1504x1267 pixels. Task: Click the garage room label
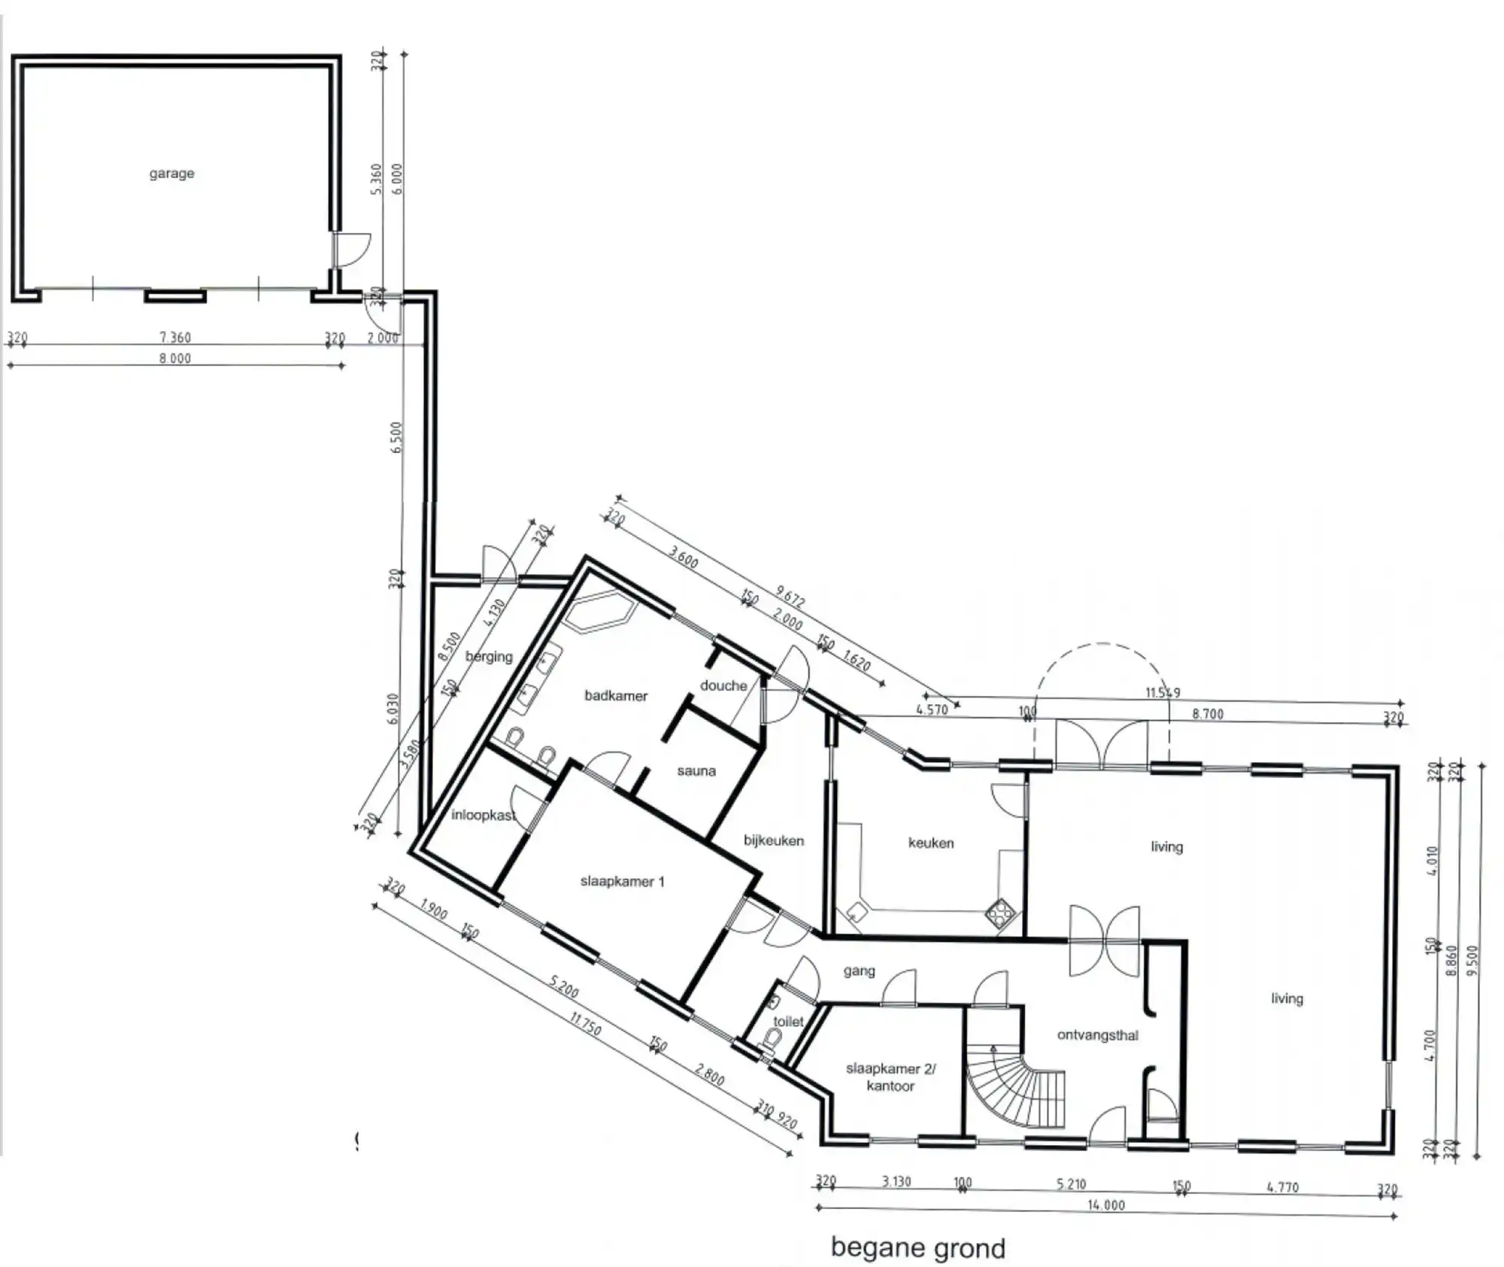click(x=171, y=173)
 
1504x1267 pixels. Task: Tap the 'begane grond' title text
click(x=917, y=1247)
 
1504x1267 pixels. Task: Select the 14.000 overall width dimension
click(x=1106, y=1205)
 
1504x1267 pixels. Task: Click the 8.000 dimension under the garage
click(x=174, y=359)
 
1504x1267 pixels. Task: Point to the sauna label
click(x=696, y=770)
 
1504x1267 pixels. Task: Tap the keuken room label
click(x=930, y=843)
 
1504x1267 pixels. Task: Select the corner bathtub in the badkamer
click(x=599, y=611)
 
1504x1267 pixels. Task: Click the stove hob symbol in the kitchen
click(x=1000, y=915)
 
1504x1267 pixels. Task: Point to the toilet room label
click(x=788, y=1021)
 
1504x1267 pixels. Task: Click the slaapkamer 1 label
click(x=622, y=881)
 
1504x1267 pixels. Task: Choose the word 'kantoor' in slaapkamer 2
click(x=890, y=1086)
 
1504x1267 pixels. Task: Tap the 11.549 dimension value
click(x=1163, y=692)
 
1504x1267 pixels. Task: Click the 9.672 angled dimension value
click(x=790, y=598)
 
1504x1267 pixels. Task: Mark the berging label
click(x=489, y=656)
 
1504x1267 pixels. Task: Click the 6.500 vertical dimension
click(x=396, y=436)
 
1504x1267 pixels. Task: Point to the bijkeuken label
click(x=774, y=840)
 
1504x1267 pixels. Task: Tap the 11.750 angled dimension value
click(x=586, y=1024)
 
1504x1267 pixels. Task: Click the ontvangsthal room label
click(x=1097, y=1035)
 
